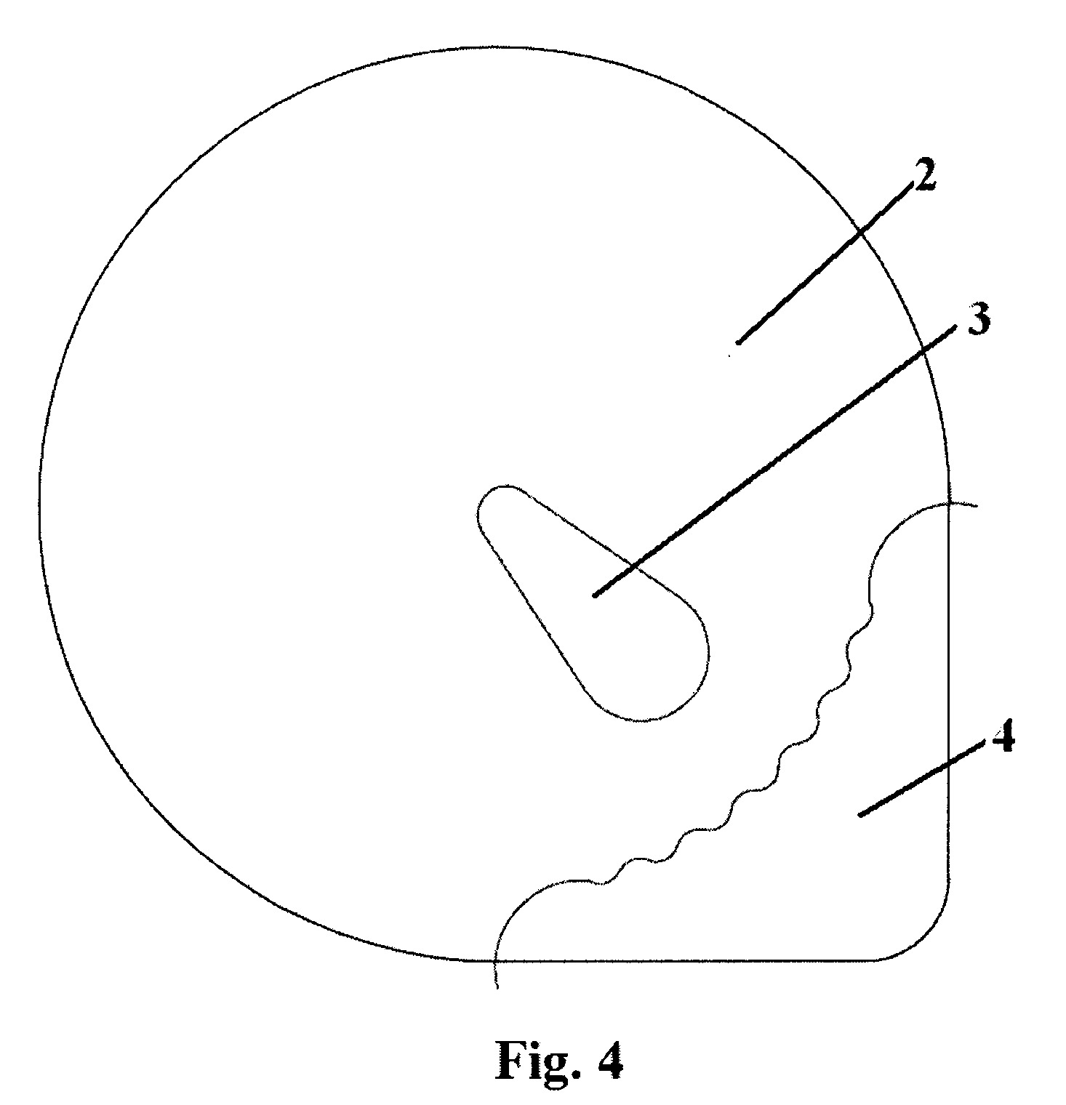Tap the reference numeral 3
pyautogui.click(x=978, y=319)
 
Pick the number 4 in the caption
pyautogui.click(x=607, y=1059)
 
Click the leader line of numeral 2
pyautogui.click(x=825, y=262)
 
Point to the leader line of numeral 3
pyautogui.click(x=774, y=462)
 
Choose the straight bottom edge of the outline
pyautogui.click(x=676, y=961)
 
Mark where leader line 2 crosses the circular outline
pyautogui.click(x=858, y=232)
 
